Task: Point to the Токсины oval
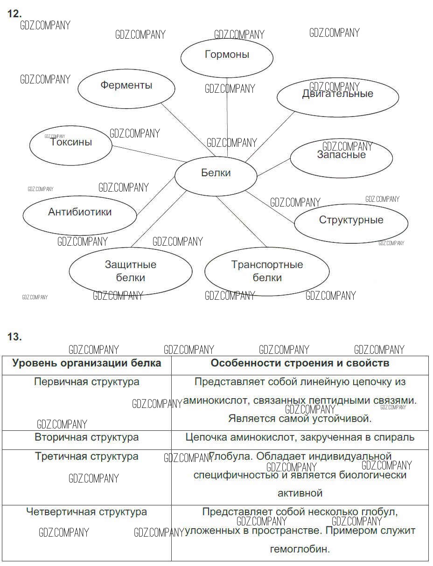pos(71,145)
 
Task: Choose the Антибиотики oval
pos(80,214)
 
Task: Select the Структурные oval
pos(351,221)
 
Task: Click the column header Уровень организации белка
pos(87,363)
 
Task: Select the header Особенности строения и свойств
pos(300,363)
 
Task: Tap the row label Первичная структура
pos(87,382)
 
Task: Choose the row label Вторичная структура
pos(87,437)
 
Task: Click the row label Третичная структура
pos(87,456)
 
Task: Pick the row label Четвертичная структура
pos(87,512)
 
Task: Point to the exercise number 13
pos(14,337)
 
